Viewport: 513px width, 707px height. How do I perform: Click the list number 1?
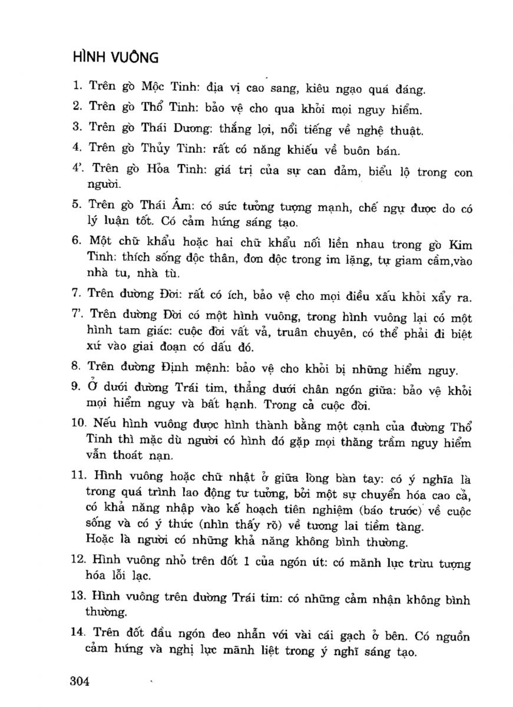[76, 87]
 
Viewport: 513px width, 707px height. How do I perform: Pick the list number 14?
[78, 636]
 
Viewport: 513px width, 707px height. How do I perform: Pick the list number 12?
[78, 563]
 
